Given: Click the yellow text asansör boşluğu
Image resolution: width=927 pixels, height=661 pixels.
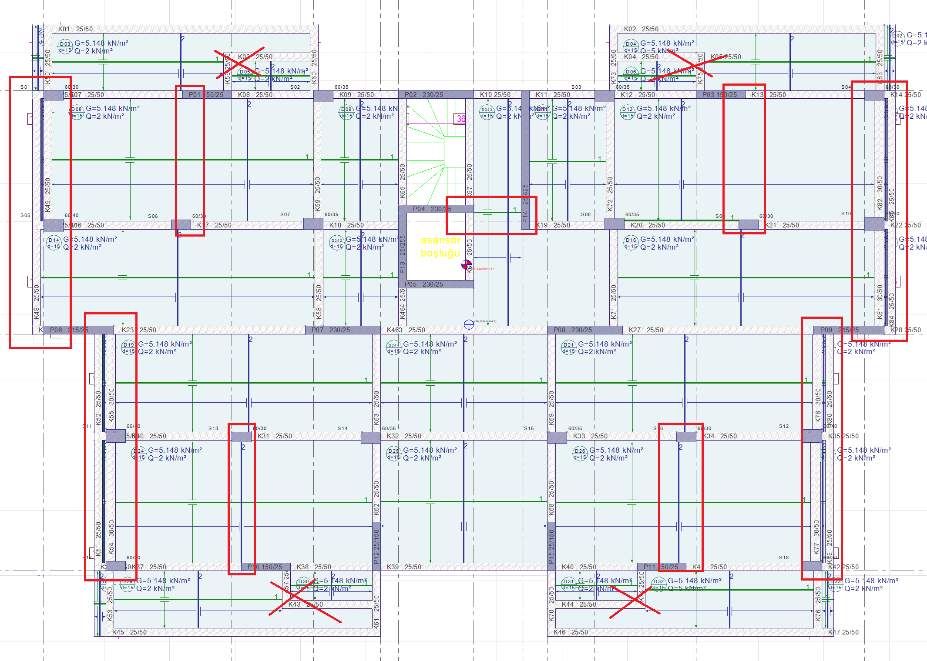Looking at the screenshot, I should pos(440,247).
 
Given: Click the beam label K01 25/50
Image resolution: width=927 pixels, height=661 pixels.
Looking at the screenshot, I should pos(75,29).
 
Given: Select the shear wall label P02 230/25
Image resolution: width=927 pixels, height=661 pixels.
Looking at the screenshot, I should pos(423,95).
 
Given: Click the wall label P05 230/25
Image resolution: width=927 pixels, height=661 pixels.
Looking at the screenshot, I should pos(423,284).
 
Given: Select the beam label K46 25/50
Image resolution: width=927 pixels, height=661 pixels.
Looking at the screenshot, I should pos(571,632).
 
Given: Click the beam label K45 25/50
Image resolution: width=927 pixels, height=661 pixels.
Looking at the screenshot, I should pos(129,632).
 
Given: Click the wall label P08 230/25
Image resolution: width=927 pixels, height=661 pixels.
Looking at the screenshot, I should pos(572,330).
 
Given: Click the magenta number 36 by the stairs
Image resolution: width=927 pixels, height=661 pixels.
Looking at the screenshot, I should pos(460,119).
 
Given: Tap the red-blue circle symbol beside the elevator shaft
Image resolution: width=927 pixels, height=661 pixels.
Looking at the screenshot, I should pos(466,264).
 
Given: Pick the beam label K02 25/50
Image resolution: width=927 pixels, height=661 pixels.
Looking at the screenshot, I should pos(641,29).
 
